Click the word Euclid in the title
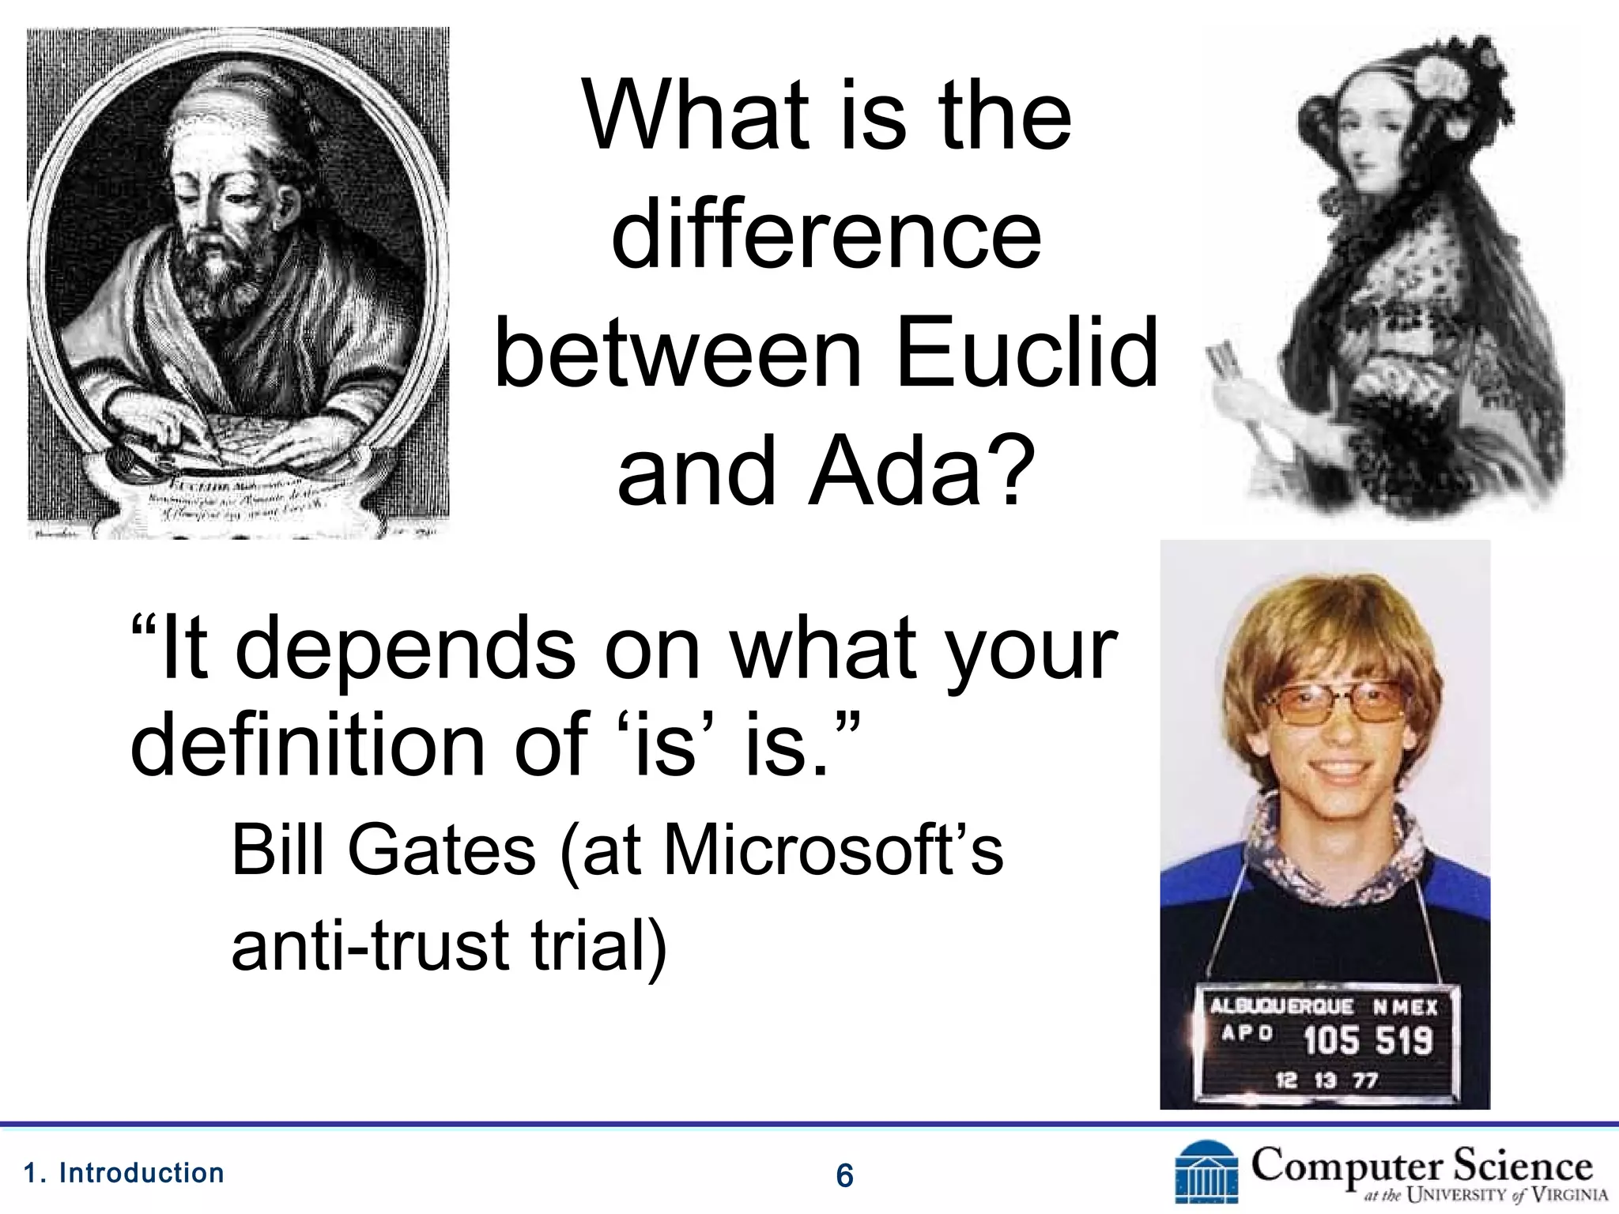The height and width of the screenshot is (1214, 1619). point(1027,353)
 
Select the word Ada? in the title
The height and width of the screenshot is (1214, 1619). point(922,472)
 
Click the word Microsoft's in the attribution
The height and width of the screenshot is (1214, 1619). point(833,851)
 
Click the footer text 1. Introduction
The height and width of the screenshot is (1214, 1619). point(124,1173)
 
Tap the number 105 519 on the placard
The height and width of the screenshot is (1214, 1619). point(1368,1040)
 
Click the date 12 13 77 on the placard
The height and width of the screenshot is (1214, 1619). point(1327,1080)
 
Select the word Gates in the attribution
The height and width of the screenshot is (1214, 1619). point(441,851)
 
